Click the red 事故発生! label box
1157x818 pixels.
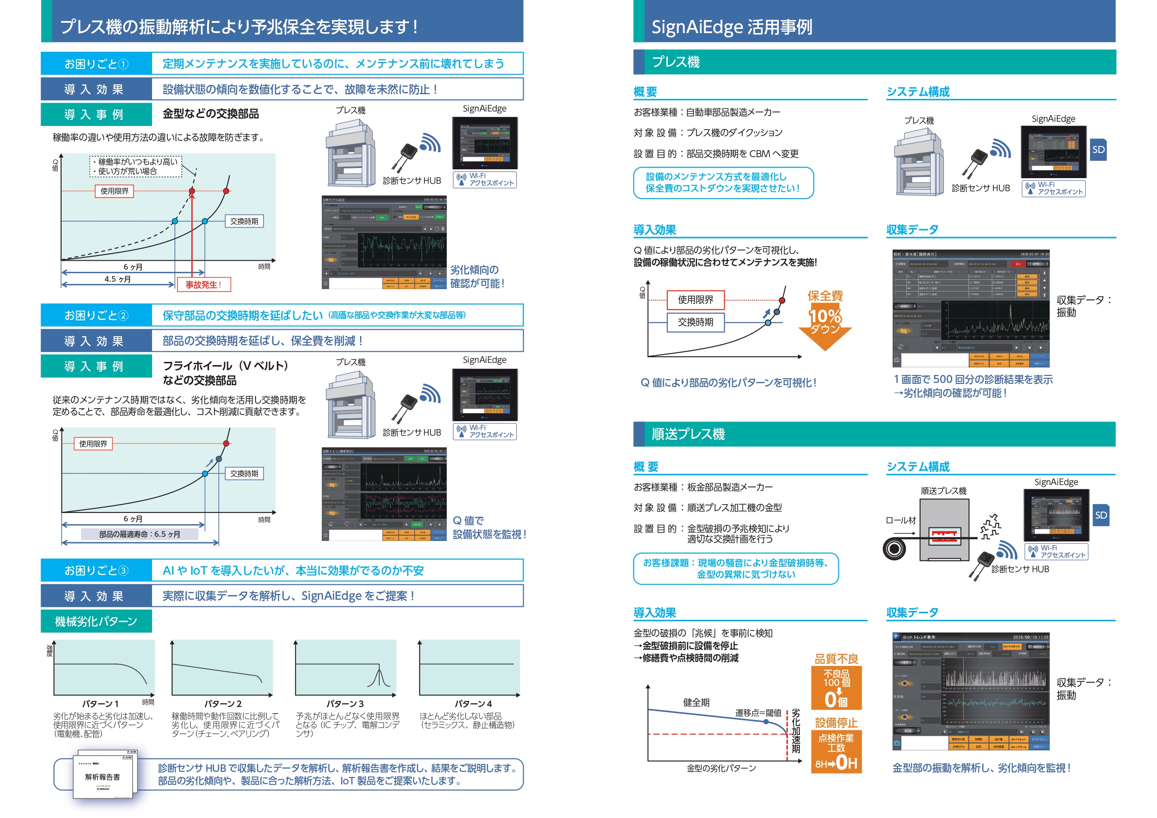(x=204, y=285)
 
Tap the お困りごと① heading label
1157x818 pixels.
(x=96, y=64)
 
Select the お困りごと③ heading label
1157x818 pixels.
(x=96, y=570)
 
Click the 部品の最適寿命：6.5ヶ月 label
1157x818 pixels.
(x=139, y=534)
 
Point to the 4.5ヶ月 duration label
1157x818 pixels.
(x=118, y=279)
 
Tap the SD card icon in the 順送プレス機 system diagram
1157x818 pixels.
(x=1101, y=515)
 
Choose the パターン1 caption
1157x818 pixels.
(x=100, y=704)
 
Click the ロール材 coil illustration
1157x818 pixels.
(x=894, y=548)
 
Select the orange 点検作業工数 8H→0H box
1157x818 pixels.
(x=837, y=751)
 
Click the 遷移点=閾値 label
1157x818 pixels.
(x=758, y=713)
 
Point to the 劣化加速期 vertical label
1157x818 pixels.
(x=796, y=730)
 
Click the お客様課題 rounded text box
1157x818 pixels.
(x=736, y=568)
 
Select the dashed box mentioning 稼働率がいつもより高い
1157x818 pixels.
(x=136, y=167)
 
